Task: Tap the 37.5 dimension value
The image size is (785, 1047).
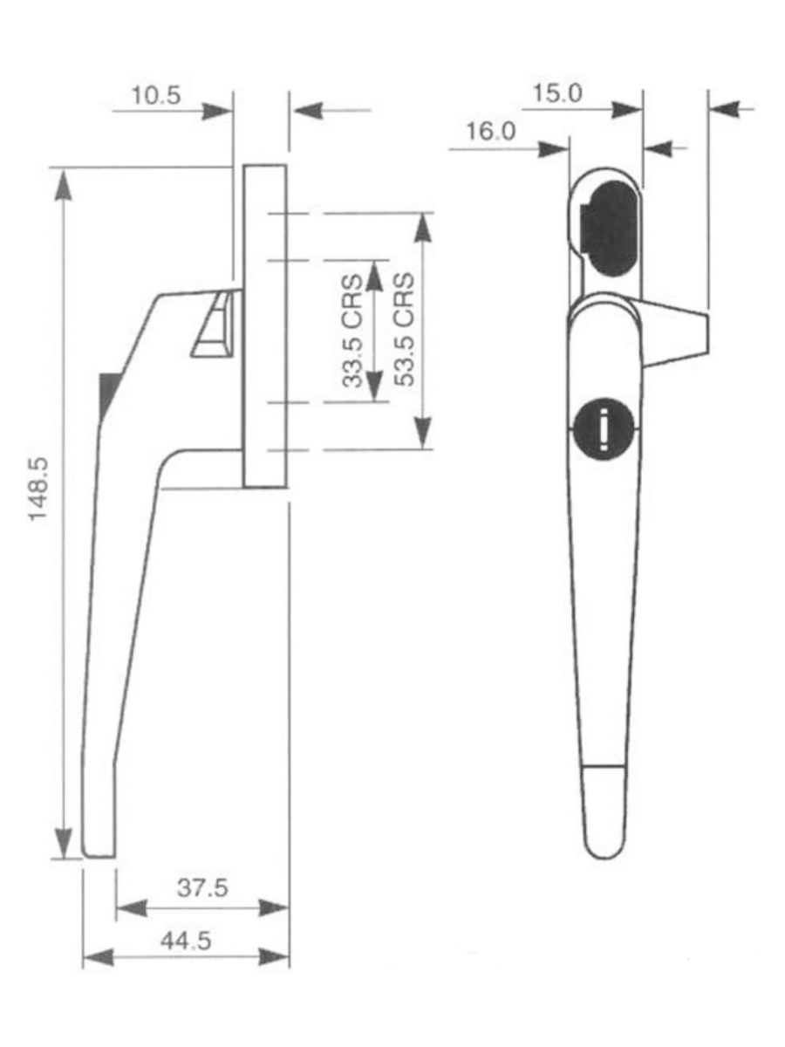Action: [x=201, y=887]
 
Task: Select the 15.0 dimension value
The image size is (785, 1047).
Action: [x=557, y=93]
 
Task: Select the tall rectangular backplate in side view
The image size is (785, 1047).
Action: [x=265, y=325]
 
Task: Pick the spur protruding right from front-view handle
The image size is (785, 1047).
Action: [x=676, y=332]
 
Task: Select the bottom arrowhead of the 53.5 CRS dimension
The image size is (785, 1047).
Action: [x=423, y=433]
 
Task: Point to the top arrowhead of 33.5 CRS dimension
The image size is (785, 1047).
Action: [x=375, y=276]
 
